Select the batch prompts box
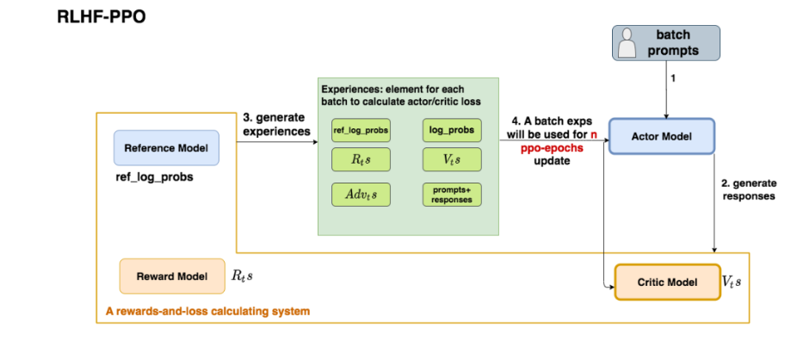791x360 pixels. pyautogui.click(x=668, y=42)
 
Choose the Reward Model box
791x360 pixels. pyautogui.click(x=172, y=276)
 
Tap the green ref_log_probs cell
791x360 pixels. pyautogui.click(x=361, y=130)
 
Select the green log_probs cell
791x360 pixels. pyautogui.click(x=452, y=130)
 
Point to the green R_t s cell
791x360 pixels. pyautogui.click(x=361, y=159)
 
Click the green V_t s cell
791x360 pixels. pyautogui.click(x=452, y=159)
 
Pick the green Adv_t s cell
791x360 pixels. pyautogui.click(x=361, y=195)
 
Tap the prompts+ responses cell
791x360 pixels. pyautogui.click(x=452, y=195)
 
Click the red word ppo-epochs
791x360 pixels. pyautogui.click(x=552, y=147)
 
